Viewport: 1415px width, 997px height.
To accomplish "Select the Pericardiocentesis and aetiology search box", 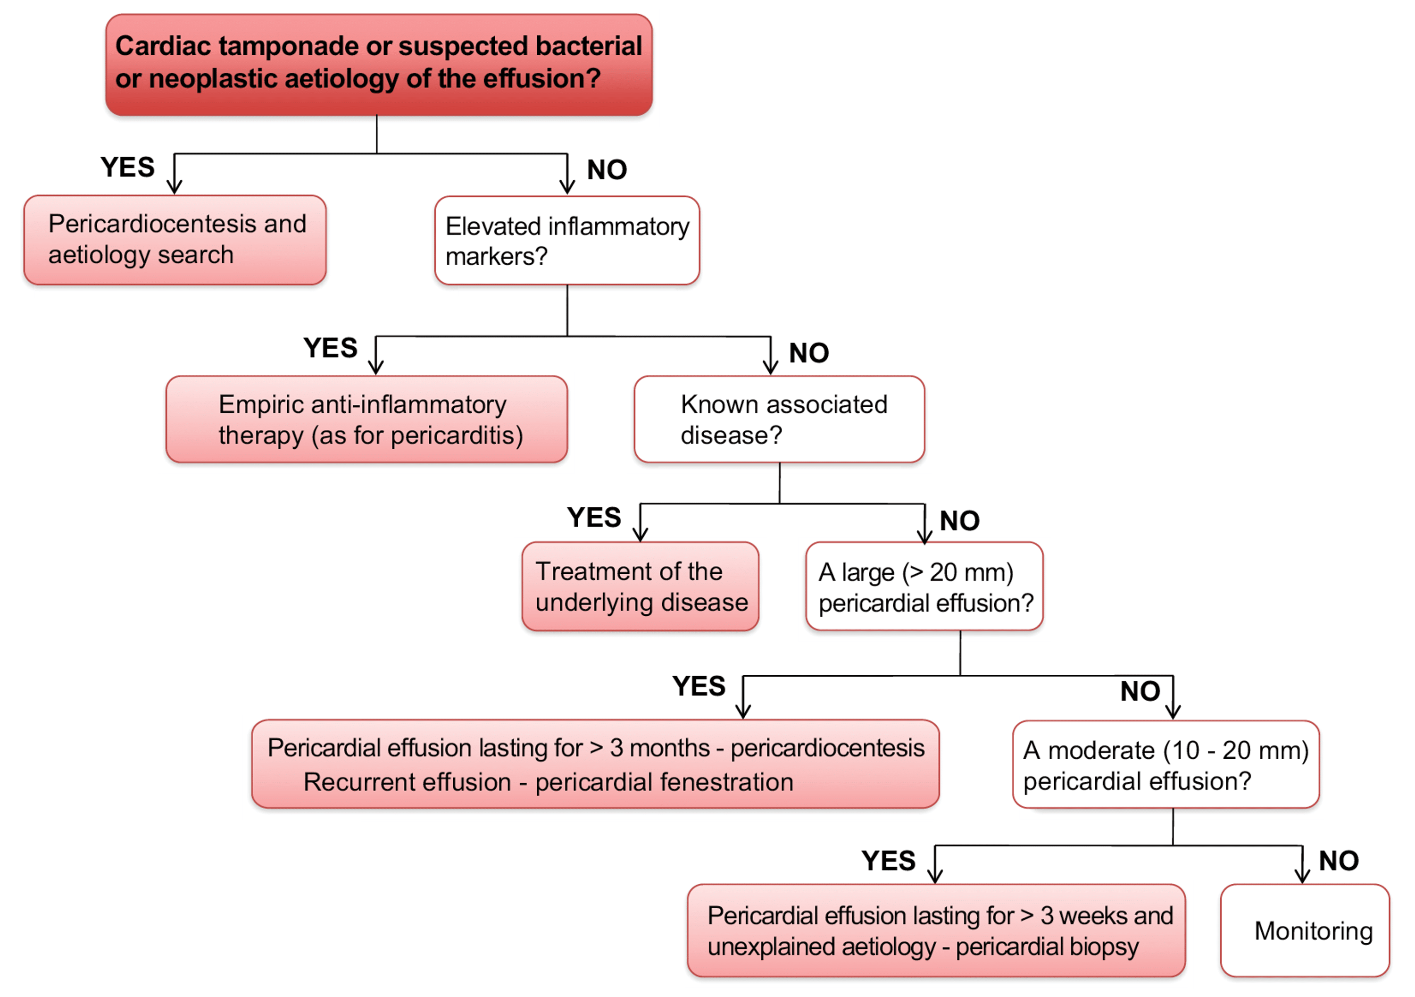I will (x=175, y=240).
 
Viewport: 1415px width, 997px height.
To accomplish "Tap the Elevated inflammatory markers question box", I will (x=567, y=241).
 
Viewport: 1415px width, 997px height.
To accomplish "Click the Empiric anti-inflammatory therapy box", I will (x=366, y=419).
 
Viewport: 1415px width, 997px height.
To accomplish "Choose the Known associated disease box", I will (x=779, y=419).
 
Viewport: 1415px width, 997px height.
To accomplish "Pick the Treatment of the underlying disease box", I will (x=641, y=586).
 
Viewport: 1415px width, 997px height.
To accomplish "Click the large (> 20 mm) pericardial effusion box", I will (x=924, y=586).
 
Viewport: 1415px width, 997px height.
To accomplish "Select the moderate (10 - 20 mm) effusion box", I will (x=1165, y=764).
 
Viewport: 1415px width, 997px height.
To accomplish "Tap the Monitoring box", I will (x=1305, y=930).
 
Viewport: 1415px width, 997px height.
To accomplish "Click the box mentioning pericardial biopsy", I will (x=936, y=930).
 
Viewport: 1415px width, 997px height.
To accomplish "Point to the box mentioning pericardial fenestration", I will (x=595, y=764).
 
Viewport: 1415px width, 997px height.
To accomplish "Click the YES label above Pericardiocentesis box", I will (x=127, y=167).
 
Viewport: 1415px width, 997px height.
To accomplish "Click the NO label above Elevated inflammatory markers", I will (x=607, y=169).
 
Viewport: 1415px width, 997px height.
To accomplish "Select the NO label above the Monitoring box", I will (x=1339, y=861).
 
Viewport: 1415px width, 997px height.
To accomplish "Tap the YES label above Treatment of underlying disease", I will (x=593, y=517).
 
